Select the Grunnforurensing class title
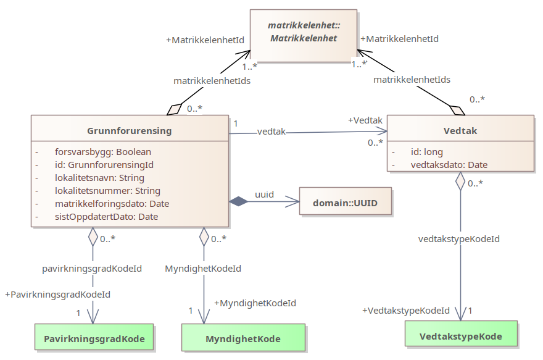tap(130, 131)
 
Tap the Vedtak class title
tap(460, 131)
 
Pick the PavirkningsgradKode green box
tap(94, 338)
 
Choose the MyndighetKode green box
tap(243, 338)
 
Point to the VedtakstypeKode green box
tap(460, 337)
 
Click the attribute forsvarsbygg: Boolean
tap(103, 151)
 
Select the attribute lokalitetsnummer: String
tap(107, 191)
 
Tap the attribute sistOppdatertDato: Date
tap(106, 217)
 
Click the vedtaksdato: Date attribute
tap(449, 165)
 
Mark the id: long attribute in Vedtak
tap(427, 152)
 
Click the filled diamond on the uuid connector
tap(238, 201)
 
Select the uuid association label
tap(264, 195)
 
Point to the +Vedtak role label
tap(365, 120)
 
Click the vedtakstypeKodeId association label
tap(459, 239)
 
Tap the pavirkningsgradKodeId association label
tap(92, 269)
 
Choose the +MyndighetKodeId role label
tap(255, 303)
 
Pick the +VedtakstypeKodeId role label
tap(405, 311)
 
